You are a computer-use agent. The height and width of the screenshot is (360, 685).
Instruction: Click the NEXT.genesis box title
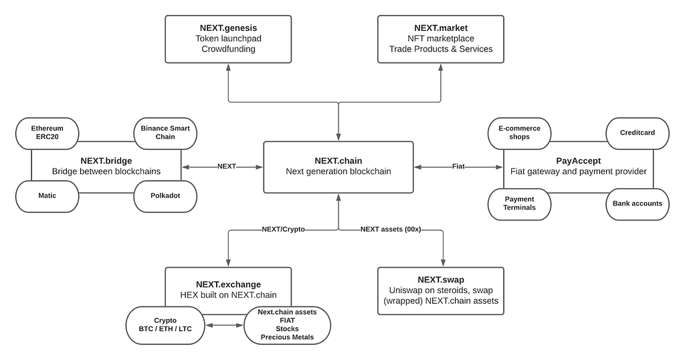coord(228,28)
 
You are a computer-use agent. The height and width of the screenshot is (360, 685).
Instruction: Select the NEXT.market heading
coord(441,28)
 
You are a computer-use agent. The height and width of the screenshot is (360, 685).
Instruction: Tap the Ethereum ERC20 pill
coord(47,133)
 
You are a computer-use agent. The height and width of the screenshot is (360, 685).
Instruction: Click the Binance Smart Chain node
coord(165,133)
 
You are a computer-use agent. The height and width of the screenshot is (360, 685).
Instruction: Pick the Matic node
coord(47,196)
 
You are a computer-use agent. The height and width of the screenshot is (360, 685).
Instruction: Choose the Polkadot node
coord(165,196)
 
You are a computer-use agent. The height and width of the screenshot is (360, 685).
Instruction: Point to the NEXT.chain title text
coord(338,161)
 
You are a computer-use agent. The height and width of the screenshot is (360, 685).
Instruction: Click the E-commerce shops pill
coord(519,133)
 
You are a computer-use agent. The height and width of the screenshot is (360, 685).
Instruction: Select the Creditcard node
coord(638,133)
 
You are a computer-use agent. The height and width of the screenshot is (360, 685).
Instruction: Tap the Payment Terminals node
coord(519,204)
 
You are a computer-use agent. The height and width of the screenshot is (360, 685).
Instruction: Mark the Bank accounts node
coord(638,204)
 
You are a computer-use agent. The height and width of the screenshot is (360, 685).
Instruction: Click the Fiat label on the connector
coord(458,167)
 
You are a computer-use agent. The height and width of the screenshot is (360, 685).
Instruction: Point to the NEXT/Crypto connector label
coord(283,230)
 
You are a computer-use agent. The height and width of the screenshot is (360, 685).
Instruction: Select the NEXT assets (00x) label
coord(391,230)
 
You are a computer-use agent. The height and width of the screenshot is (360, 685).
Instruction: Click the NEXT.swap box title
coord(441,280)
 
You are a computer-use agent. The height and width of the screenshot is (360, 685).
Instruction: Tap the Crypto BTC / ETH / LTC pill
coord(165,325)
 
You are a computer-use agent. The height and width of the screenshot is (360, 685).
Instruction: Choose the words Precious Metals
coord(287,337)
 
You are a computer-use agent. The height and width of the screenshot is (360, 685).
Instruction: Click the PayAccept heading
coord(579,161)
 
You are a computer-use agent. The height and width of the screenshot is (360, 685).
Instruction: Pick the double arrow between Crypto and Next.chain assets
coord(224,325)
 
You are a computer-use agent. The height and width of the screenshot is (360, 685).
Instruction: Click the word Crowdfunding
coord(228,49)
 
